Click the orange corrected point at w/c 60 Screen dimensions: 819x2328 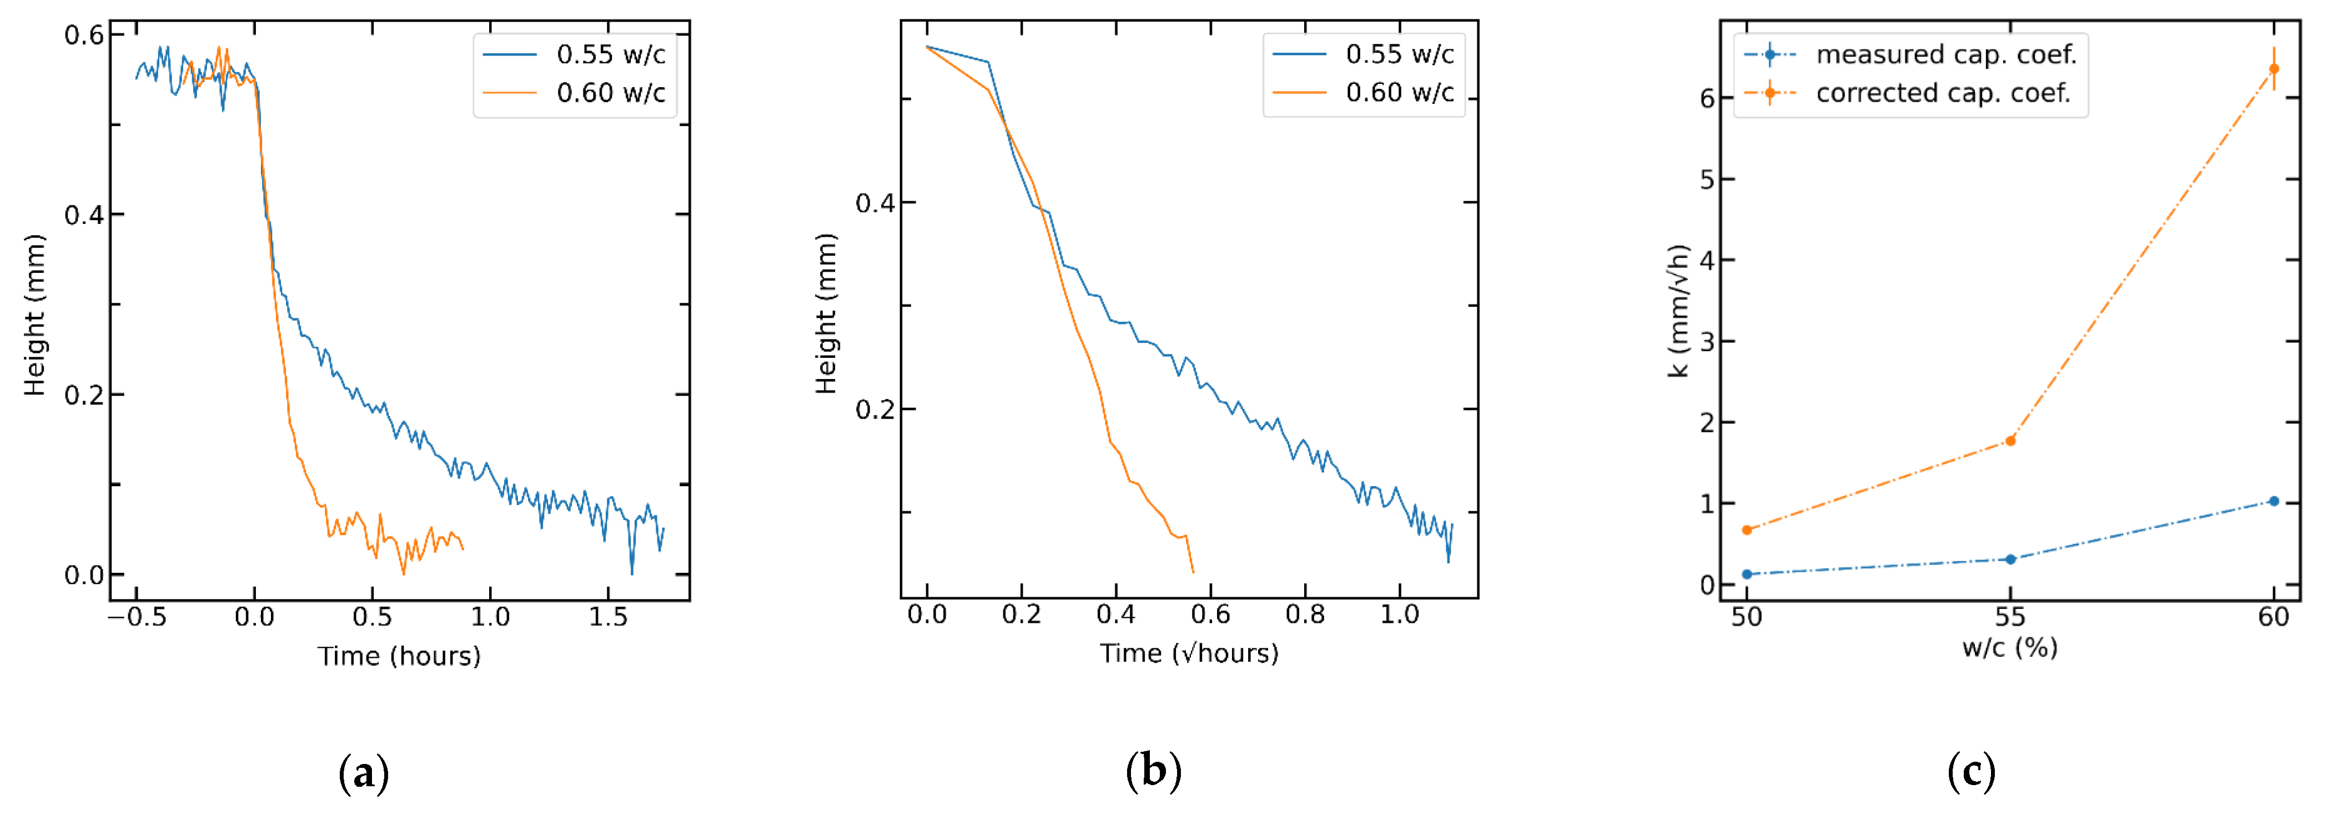pyautogui.click(x=2274, y=69)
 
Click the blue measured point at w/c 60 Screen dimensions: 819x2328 pyautogui.click(x=2274, y=501)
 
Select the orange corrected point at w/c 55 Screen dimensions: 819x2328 pyautogui.click(x=2010, y=441)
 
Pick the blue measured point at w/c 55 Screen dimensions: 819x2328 pyautogui.click(x=2010, y=560)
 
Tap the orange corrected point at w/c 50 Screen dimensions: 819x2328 pyautogui.click(x=1747, y=530)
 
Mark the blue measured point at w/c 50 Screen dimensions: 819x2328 pyautogui.click(x=1747, y=574)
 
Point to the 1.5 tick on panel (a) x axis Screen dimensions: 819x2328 pyautogui.click(x=608, y=617)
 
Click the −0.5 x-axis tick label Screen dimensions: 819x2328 pyautogui.click(x=137, y=617)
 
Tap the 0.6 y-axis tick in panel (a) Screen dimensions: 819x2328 pyautogui.click(x=83, y=35)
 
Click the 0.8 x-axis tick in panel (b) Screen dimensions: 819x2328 pyautogui.click(x=1305, y=615)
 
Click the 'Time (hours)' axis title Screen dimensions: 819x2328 pyautogui.click(x=399, y=656)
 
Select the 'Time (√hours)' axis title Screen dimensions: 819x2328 pyautogui.click(x=1188, y=653)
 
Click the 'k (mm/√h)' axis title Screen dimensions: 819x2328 pyautogui.click(x=1678, y=310)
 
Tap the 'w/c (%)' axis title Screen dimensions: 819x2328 pyautogui.click(x=2010, y=647)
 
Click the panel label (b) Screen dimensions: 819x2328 pyautogui.click(x=1153, y=771)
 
